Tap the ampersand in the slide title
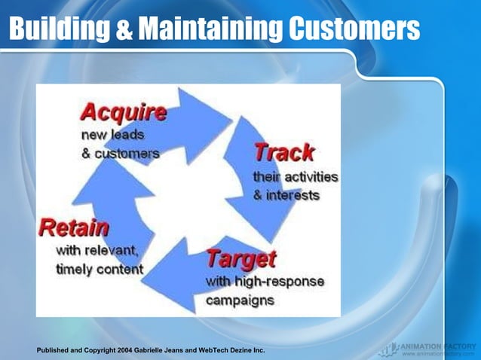[x=127, y=30]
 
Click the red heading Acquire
[x=124, y=113]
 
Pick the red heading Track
[x=283, y=153]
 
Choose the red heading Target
[x=241, y=260]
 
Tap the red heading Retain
[x=74, y=227]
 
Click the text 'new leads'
[x=112, y=136]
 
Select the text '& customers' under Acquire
[x=121, y=154]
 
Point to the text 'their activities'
[x=295, y=177]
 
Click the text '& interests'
[x=286, y=195]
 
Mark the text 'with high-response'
[x=265, y=281]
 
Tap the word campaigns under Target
[x=240, y=299]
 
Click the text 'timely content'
[x=100, y=269]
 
